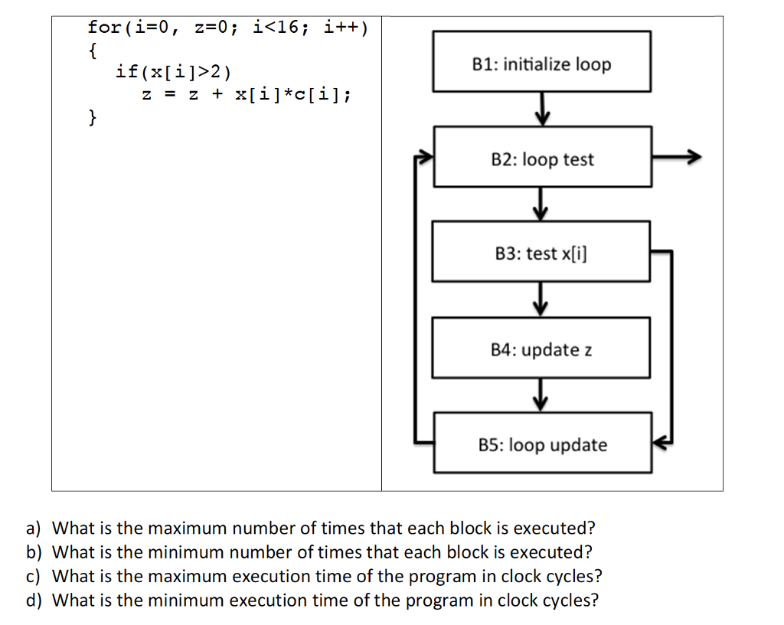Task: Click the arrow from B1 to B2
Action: [x=542, y=109]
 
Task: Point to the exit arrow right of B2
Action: [x=677, y=157]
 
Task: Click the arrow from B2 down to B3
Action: [x=542, y=204]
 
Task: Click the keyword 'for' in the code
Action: [x=104, y=28]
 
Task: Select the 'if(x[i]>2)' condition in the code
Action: [x=172, y=73]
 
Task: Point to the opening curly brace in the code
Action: [x=92, y=51]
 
